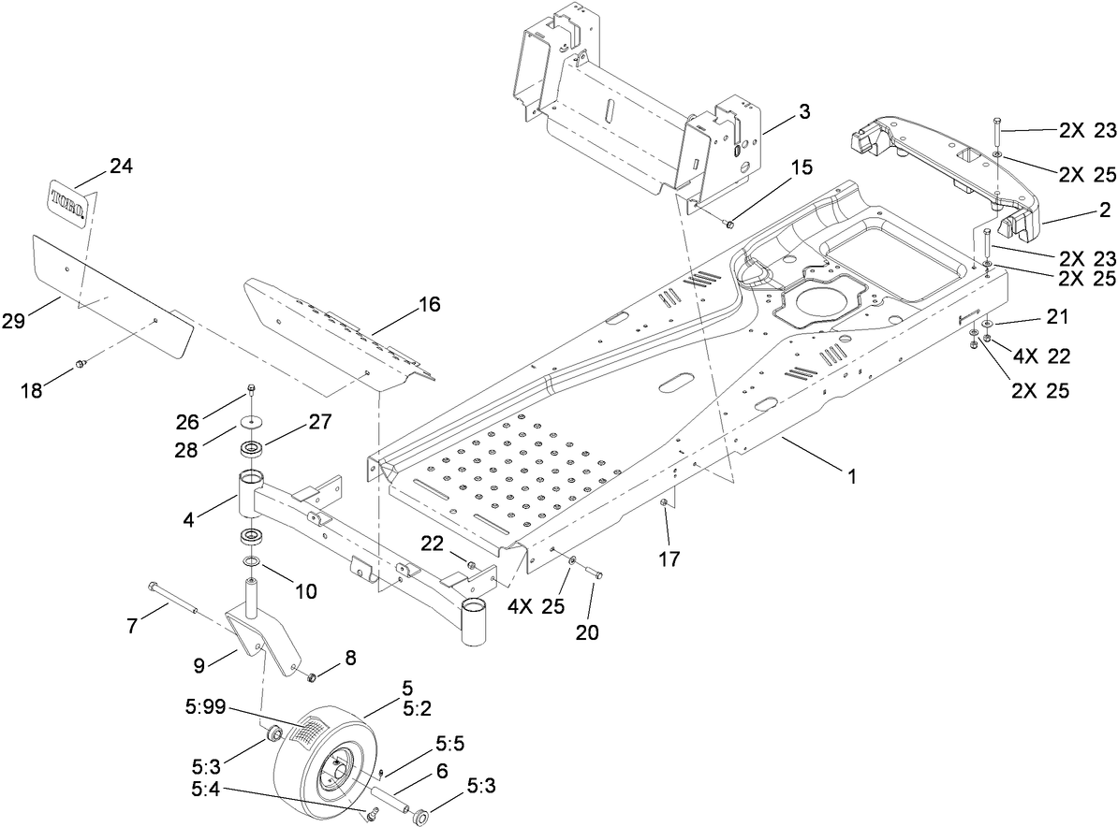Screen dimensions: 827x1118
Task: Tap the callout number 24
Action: click(x=121, y=167)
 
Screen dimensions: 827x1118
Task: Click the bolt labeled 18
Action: click(x=81, y=362)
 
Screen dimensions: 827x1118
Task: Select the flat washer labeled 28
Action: click(x=250, y=421)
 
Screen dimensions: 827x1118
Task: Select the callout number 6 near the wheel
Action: click(x=441, y=771)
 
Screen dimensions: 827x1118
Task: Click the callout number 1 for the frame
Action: click(x=851, y=476)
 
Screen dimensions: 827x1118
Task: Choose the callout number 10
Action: click(x=306, y=591)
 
